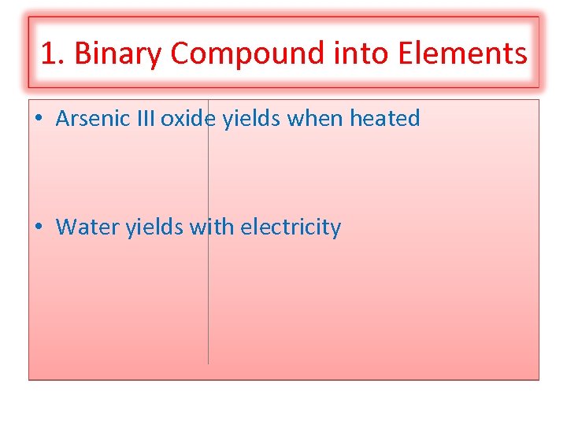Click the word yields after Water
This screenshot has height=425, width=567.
[155, 227]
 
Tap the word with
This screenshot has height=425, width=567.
[212, 227]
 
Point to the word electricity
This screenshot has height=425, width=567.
[291, 227]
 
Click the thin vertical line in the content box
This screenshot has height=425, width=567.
[208, 299]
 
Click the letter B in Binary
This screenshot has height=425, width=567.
[82, 54]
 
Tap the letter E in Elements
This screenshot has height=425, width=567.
[406, 54]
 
